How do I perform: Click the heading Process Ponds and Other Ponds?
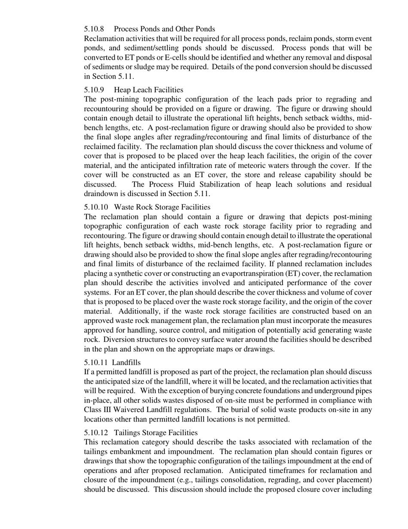click(x=164, y=29)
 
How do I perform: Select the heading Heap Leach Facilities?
click(x=149, y=90)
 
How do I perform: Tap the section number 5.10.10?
click(x=96, y=207)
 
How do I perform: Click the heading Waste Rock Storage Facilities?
click(x=162, y=207)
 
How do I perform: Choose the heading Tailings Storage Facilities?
click(x=156, y=432)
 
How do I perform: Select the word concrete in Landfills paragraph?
click(x=268, y=391)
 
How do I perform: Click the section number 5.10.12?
click(x=96, y=432)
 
